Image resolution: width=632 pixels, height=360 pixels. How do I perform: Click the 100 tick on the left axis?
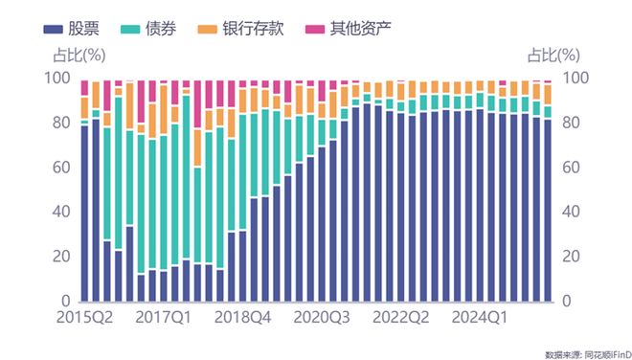point(61,78)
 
